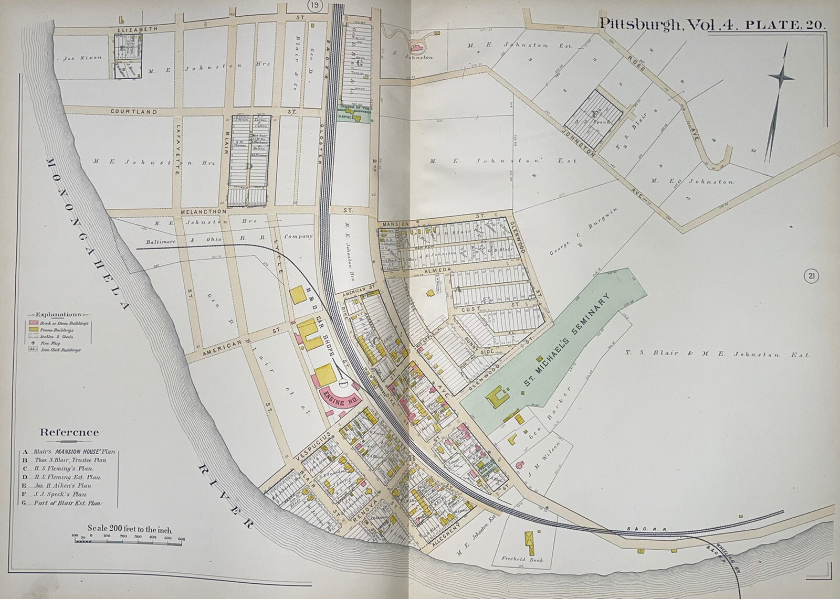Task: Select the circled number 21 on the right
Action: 811,276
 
